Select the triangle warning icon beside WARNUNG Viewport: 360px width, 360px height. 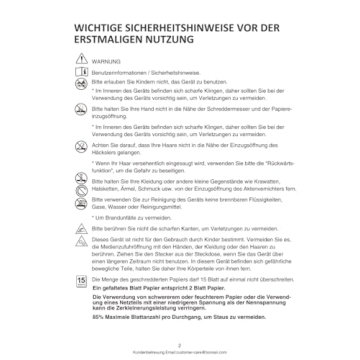click(82, 61)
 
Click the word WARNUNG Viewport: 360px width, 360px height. click(107, 62)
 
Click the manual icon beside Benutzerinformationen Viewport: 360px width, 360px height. click(82, 74)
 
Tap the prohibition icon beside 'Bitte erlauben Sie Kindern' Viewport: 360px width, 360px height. click(82, 86)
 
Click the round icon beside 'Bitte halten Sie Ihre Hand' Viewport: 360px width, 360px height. click(82, 124)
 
